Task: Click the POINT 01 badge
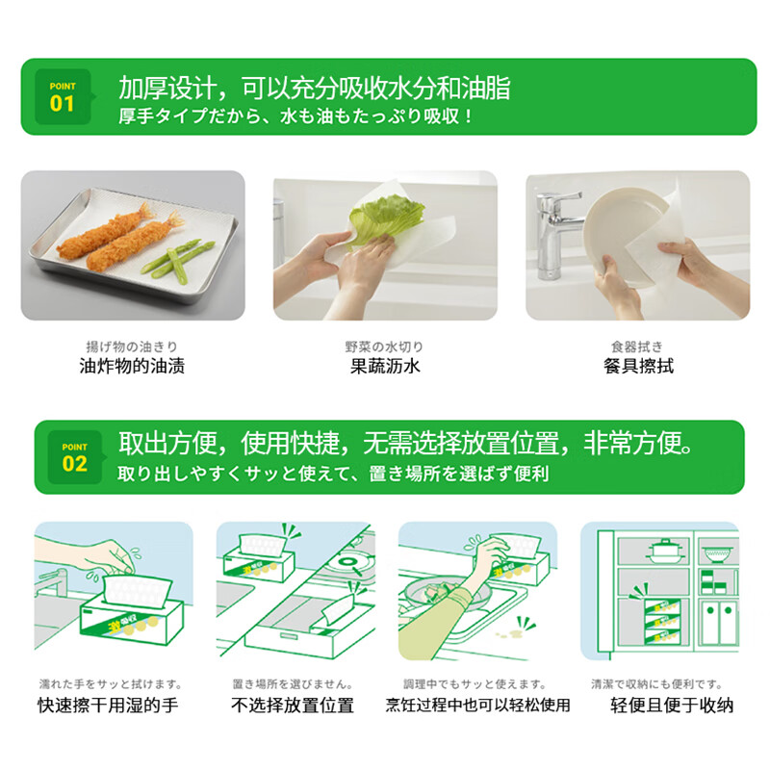pyautogui.click(x=62, y=97)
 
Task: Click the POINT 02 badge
pyautogui.click(x=74, y=457)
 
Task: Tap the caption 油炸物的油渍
pyautogui.click(x=132, y=366)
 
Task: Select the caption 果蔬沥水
pyautogui.click(x=385, y=366)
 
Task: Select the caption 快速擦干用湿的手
pyautogui.click(x=108, y=706)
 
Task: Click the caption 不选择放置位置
pyautogui.click(x=293, y=706)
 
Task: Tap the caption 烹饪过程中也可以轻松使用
pyautogui.click(x=477, y=706)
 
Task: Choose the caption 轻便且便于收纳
pyautogui.click(x=673, y=706)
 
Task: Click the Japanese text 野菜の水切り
pyautogui.click(x=384, y=346)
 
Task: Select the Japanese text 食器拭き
pyautogui.click(x=637, y=346)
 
